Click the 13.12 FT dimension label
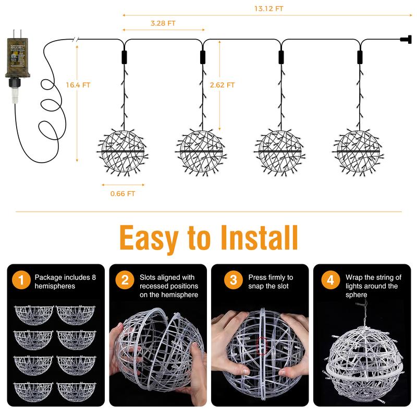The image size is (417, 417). [269, 9]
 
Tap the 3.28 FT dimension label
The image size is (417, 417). [163, 23]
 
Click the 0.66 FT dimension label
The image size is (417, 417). [123, 193]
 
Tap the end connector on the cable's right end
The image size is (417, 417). [405, 39]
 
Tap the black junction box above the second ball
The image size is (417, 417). [202, 56]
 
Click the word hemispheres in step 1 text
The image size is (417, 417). [55, 286]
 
